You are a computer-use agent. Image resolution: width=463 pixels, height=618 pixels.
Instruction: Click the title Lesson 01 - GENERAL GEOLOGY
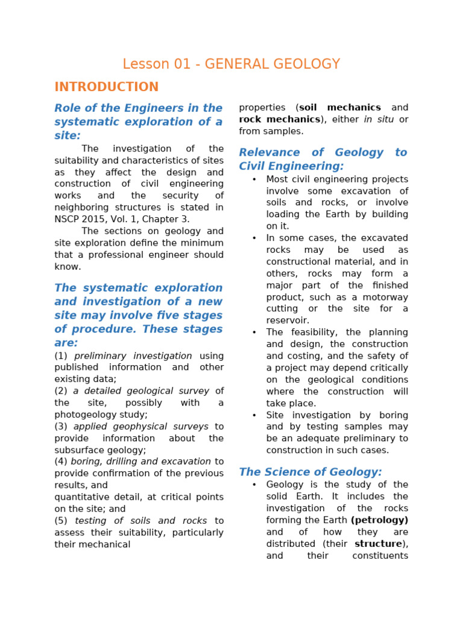[x=231, y=65]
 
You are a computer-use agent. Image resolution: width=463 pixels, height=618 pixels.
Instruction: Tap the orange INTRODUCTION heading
[x=107, y=87]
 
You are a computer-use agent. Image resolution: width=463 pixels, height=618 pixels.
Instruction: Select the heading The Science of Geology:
[x=310, y=472]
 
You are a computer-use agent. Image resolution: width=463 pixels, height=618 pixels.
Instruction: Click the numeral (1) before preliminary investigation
[x=61, y=356]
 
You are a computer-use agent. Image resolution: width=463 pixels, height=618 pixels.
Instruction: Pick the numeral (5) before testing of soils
[x=61, y=521]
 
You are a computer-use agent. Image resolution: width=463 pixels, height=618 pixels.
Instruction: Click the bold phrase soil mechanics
[x=340, y=107]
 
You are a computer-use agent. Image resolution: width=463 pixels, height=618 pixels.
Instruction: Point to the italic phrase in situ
[x=379, y=119]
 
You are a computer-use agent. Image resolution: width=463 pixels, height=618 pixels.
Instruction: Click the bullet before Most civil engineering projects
[x=254, y=179]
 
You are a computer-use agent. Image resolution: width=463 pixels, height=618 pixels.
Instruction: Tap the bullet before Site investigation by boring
[x=254, y=415]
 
